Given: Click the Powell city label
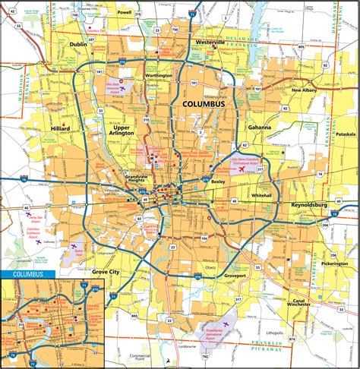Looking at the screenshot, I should tap(124, 13).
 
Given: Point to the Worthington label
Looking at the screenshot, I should tap(160, 76).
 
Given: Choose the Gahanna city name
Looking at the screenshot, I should tap(258, 128).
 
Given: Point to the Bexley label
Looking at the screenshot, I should tap(219, 182).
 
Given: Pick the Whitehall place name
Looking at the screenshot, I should tap(261, 196).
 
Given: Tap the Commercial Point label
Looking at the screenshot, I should tap(140, 358).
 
